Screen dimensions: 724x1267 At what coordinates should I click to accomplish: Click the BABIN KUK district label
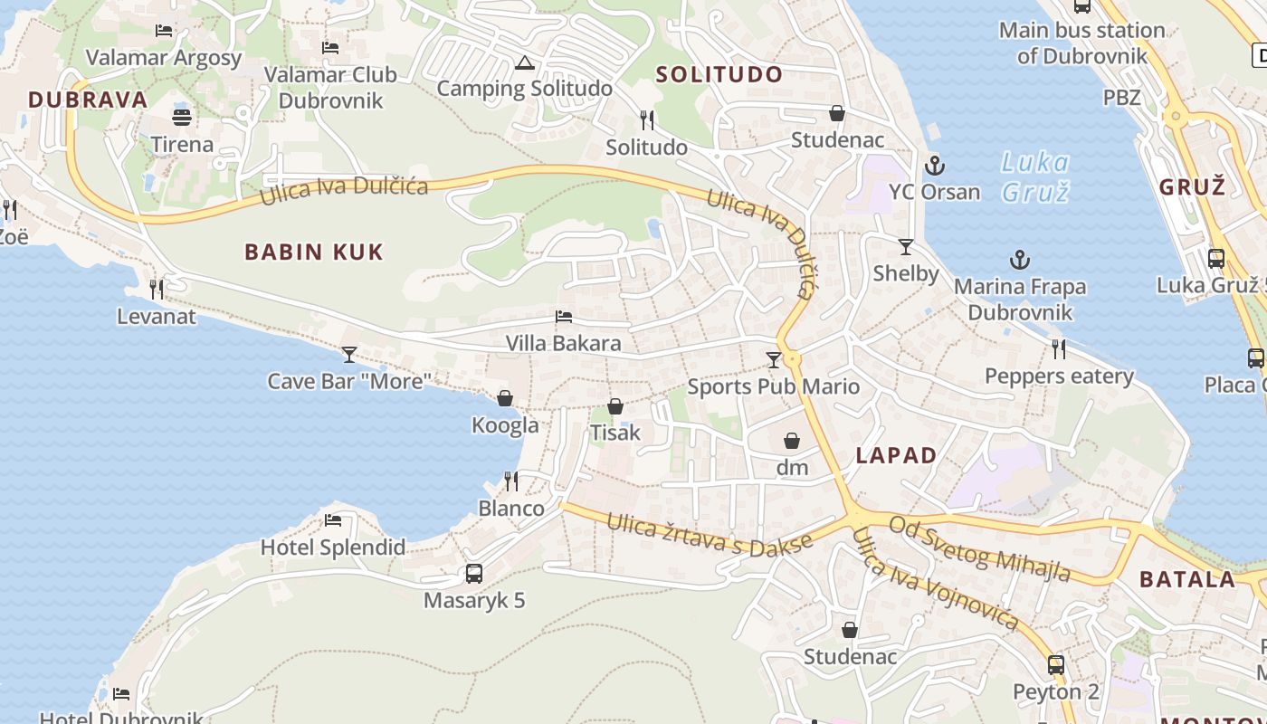[314, 252]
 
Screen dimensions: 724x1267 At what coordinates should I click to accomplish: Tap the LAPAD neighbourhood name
[896, 455]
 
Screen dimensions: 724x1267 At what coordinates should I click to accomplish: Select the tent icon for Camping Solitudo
[524, 63]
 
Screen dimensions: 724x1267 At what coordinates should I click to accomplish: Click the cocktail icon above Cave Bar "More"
[349, 354]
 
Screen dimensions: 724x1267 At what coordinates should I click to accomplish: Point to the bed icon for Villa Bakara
[563, 317]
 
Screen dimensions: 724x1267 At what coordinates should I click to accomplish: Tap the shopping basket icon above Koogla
[505, 398]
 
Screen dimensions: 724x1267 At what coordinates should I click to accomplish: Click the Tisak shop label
[614, 433]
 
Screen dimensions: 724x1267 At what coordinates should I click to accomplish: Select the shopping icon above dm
[792, 441]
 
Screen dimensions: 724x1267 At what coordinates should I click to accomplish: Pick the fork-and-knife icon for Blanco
[511, 481]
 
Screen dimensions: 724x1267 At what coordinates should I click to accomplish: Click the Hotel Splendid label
[332, 548]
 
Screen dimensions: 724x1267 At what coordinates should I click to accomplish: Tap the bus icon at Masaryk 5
[474, 573]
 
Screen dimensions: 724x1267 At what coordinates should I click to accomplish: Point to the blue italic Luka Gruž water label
[1035, 177]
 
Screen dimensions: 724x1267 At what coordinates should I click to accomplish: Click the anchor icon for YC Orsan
[934, 166]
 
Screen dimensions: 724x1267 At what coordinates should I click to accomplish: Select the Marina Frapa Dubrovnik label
[1020, 300]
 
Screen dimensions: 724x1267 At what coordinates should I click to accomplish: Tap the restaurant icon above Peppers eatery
[1058, 349]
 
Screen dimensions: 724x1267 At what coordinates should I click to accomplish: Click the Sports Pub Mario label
[773, 387]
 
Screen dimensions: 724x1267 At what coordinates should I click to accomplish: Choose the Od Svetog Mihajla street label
[979, 548]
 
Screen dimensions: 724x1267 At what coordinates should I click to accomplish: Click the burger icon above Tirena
[182, 117]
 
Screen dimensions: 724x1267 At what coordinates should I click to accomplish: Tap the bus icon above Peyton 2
[1055, 665]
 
